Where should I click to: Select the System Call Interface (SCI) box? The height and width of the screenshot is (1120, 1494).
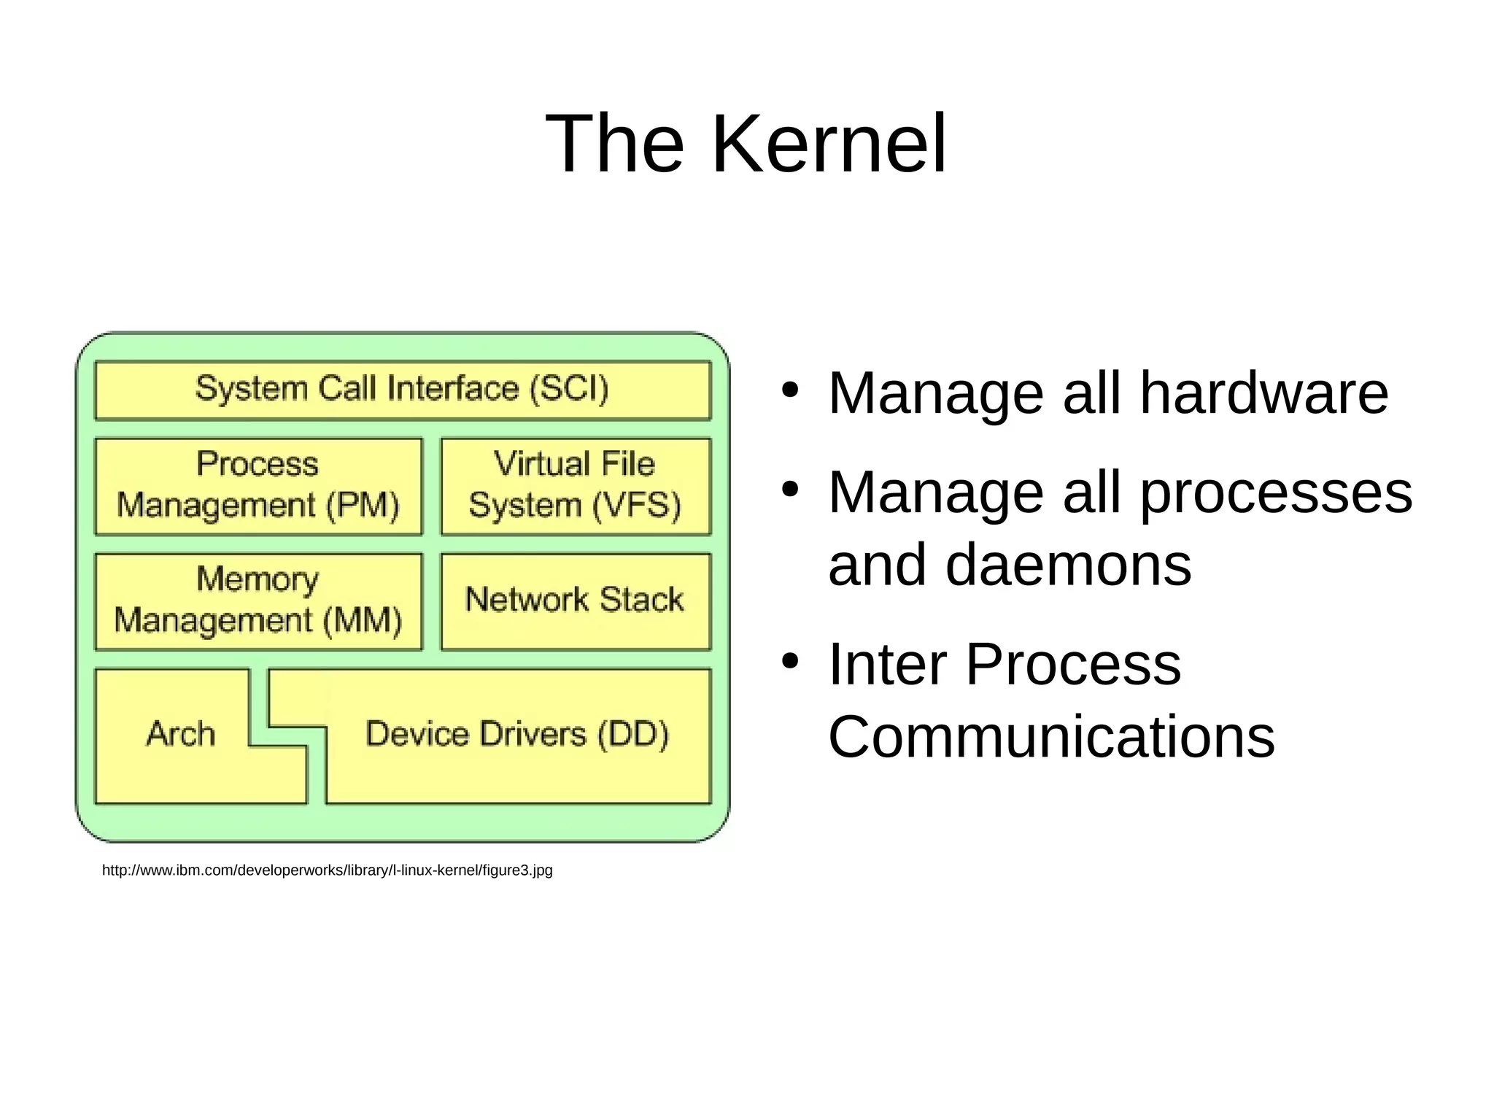[403, 390]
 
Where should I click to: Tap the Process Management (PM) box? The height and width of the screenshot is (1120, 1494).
[258, 486]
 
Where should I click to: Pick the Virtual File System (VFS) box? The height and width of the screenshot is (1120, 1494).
[575, 486]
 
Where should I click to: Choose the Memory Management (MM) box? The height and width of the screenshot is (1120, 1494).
[258, 601]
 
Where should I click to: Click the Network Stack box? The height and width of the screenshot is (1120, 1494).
[575, 600]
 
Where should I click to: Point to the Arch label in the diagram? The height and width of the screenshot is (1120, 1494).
[181, 734]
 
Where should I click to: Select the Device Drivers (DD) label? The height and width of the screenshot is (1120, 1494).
[516, 734]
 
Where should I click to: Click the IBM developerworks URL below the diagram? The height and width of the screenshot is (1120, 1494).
[327, 870]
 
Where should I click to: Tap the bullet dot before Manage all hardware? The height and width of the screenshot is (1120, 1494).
[789, 389]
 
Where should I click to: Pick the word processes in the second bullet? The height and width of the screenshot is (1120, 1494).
[1276, 493]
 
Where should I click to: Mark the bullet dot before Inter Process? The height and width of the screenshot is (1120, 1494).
[789, 661]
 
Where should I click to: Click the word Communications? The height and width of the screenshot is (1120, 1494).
[1051, 737]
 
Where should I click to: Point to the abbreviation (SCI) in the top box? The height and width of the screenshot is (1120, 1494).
[569, 389]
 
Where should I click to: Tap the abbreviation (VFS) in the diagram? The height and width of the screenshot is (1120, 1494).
[636, 506]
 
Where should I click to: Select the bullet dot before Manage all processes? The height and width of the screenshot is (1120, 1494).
[789, 489]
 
